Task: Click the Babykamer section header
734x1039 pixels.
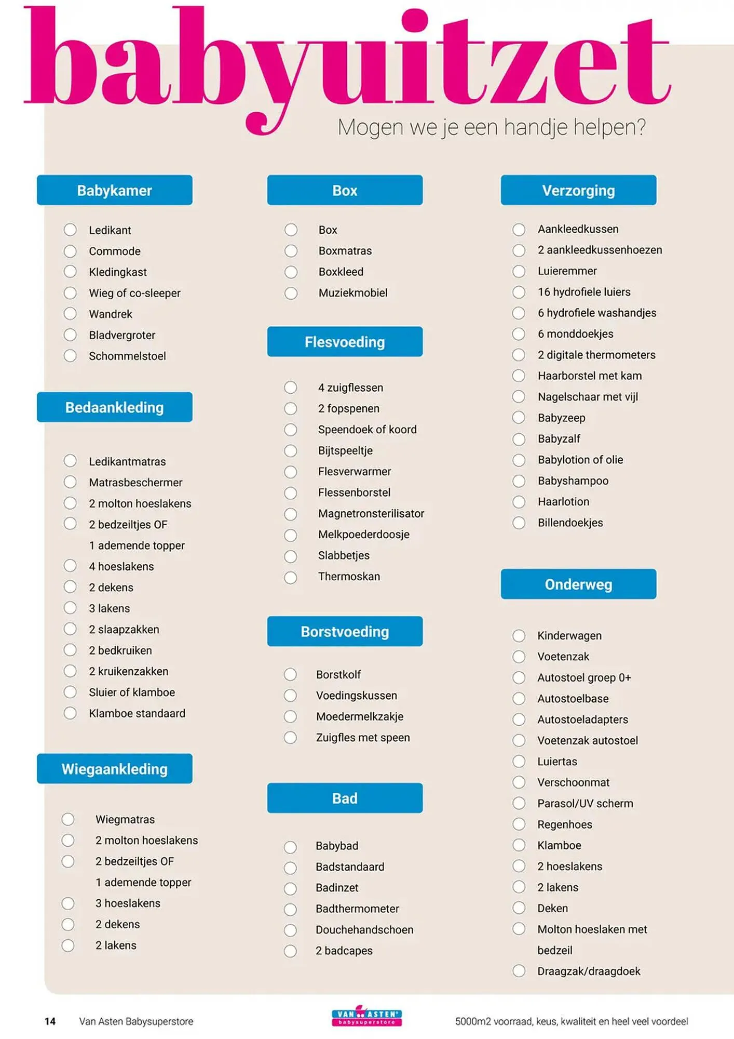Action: [114, 190]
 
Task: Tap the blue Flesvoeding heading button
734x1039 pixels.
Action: [345, 342]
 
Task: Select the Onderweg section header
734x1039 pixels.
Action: [578, 584]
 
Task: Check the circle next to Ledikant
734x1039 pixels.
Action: [70, 230]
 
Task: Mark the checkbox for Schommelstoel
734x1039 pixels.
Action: [70, 356]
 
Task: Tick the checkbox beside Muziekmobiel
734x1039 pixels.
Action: [291, 293]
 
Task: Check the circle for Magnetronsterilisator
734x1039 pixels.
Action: [291, 514]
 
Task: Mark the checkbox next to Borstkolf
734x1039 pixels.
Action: [290, 674]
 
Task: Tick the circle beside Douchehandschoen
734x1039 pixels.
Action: [290, 930]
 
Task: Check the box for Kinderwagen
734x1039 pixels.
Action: [519, 635]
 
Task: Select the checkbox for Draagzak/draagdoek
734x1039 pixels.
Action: [519, 971]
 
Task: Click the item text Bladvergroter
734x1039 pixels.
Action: [122, 335]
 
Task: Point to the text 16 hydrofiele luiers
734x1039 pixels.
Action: [584, 292]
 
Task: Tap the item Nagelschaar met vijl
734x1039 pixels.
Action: [588, 397]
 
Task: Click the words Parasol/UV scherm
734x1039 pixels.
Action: [585, 803]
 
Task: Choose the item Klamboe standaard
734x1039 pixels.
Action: [137, 713]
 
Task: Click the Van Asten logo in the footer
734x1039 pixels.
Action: [366, 1017]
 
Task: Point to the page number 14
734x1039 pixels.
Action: [50, 1021]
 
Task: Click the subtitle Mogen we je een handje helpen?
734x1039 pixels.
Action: [492, 127]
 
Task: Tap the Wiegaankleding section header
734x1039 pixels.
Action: [114, 769]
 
